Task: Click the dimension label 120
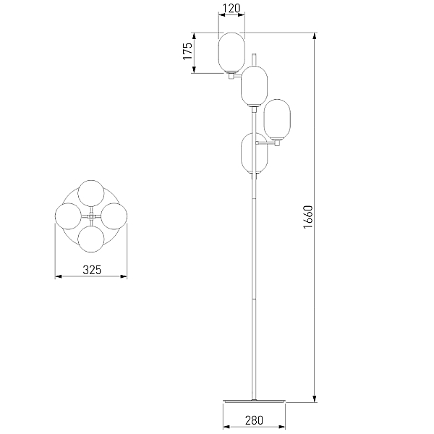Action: pyautogui.click(x=231, y=8)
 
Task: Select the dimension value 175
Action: pyautogui.click(x=187, y=51)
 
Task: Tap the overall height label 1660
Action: pyautogui.click(x=308, y=217)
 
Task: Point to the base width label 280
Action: pyautogui.click(x=254, y=420)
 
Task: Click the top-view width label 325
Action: pyautogui.click(x=92, y=270)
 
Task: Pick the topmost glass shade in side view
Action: pyautogui.click(x=231, y=53)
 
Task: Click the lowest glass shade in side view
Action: pyautogui.click(x=254, y=153)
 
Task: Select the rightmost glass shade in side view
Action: pyautogui.click(x=277, y=119)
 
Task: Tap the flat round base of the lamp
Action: pyautogui.click(x=254, y=401)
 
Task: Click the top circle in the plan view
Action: pyautogui.click(x=91, y=193)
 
